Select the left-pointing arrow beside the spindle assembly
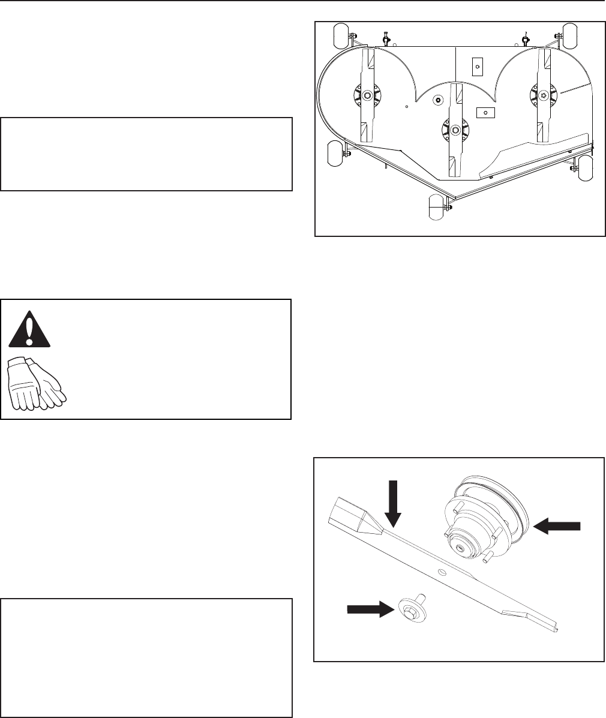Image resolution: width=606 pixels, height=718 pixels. [557, 525]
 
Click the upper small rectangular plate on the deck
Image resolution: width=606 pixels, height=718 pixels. [477, 67]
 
